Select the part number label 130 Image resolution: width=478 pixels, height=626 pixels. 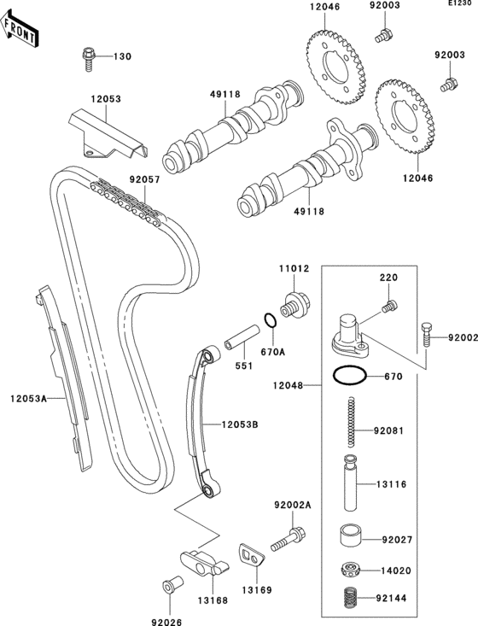122,57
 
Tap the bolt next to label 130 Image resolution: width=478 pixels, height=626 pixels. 88,56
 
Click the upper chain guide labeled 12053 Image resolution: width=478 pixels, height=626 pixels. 109,137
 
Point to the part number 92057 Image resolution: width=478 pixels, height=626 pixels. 145,181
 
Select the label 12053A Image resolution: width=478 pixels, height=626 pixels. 28,398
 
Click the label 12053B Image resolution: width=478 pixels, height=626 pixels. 241,424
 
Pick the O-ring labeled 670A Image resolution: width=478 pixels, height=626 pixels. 269,321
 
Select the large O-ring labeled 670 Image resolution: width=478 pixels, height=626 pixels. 348,376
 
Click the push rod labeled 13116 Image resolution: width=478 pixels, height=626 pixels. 351,484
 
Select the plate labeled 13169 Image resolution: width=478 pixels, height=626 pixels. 252,556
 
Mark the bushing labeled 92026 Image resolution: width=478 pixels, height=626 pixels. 167,588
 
